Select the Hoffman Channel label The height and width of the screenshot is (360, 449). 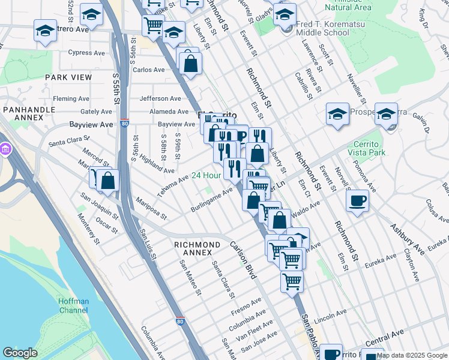tap(74, 306)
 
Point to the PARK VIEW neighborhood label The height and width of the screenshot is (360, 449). tap(68, 77)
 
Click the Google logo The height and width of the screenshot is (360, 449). tap(20, 353)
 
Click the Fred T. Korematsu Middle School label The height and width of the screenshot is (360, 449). tap(322, 28)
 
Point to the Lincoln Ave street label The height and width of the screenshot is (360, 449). tap(331, 314)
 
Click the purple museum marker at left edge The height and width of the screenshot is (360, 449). tap(4, 148)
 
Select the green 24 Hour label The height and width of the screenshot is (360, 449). tap(206, 176)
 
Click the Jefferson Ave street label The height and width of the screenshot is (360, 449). tap(160, 98)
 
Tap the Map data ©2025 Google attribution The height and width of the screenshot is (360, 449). tap(412, 355)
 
